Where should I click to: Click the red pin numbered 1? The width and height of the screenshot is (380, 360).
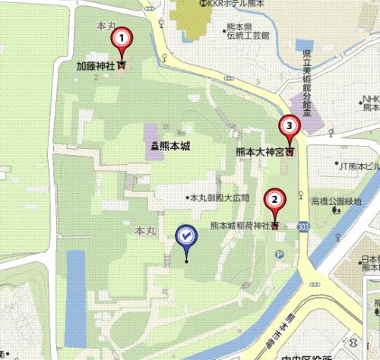(121, 38)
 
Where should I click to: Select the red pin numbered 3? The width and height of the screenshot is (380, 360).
(288, 125)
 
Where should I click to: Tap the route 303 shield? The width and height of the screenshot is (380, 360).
(304, 226)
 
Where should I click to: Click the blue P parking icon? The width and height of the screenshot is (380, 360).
(279, 254)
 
